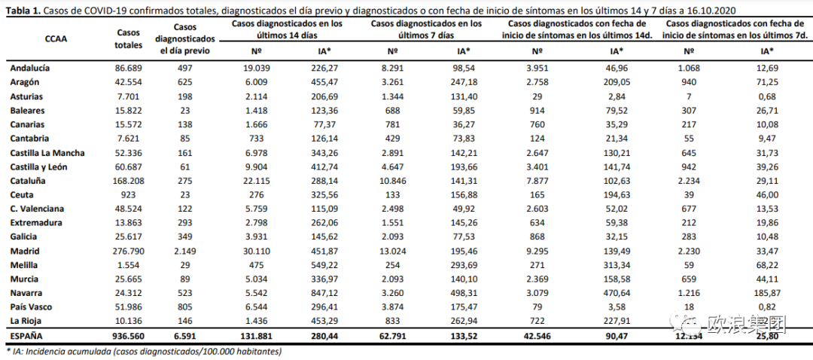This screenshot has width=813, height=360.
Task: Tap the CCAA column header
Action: (x=56, y=38)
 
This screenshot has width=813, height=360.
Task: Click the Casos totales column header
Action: (x=129, y=38)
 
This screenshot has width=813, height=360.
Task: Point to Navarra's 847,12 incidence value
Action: (x=327, y=293)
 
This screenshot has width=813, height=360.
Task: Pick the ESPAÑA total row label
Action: (x=27, y=336)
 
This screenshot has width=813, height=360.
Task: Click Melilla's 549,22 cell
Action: (x=327, y=265)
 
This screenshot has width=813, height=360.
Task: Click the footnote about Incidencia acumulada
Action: (x=143, y=352)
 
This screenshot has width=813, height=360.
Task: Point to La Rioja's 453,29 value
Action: (x=327, y=322)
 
